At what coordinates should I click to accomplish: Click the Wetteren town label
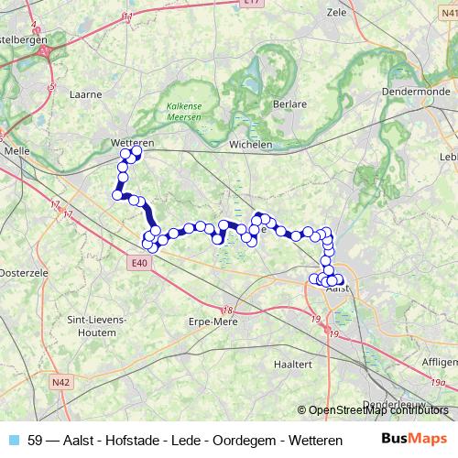[x=131, y=144]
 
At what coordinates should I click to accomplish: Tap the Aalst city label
[x=338, y=289]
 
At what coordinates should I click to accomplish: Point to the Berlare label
[x=289, y=104]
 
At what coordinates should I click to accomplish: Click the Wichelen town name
[x=251, y=144]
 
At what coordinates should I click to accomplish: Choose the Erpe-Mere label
[x=213, y=322]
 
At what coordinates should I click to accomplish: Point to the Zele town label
[x=338, y=16]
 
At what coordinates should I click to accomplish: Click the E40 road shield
[x=139, y=264]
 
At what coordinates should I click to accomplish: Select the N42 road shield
[x=61, y=382]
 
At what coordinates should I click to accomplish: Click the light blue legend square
[x=12, y=439]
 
